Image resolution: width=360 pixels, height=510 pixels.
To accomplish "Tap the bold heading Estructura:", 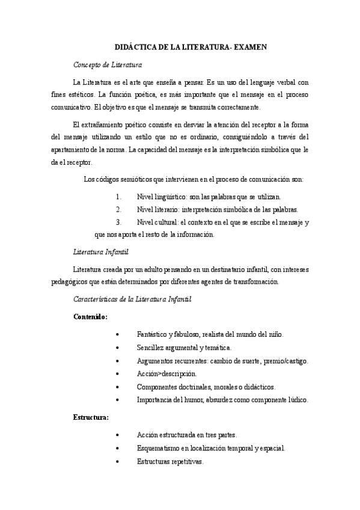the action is point(91,416).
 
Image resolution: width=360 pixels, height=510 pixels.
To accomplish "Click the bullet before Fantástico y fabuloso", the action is point(123,334).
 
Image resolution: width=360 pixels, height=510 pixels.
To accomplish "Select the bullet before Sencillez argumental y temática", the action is point(123,347).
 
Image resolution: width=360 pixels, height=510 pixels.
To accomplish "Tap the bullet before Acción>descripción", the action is point(123,373).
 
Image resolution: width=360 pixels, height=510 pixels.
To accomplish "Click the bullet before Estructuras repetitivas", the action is point(123,462).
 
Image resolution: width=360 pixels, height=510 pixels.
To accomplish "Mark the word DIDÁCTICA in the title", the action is point(136,47).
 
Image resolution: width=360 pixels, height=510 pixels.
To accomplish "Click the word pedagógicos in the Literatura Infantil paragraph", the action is point(91,281).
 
